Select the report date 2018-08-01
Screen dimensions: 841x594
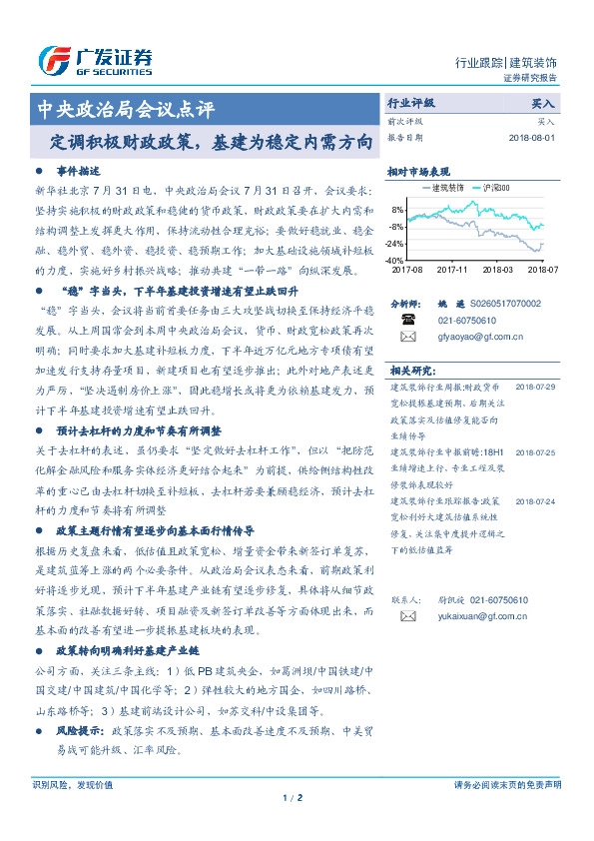click(531, 138)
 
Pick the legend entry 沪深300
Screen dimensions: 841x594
click(496, 187)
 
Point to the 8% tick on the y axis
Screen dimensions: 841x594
click(397, 210)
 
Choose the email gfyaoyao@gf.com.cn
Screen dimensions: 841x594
click(474, 337)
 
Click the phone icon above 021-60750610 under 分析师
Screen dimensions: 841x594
click(408, 320)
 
